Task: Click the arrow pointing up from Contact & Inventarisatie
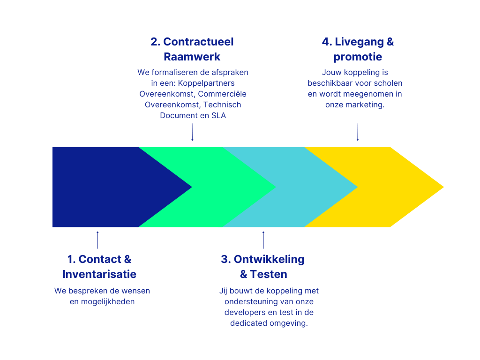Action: pyautogui.click(x=97, y=239)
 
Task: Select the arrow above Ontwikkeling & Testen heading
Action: pyautogui.click(x=263, y=239)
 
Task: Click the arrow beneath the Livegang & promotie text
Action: pyautogui.click(x=358, y=132)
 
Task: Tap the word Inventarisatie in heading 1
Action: pyautogui.click(x=99, y=274)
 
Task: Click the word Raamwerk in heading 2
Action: pyautogui.click(x=192, y=57)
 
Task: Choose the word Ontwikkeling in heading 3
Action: pyautogui.click(x=269, y=259)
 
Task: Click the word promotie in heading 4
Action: pyautogui.click(x=358, y=57)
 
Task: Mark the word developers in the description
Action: pyautogui.click(x=246, y=313)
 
